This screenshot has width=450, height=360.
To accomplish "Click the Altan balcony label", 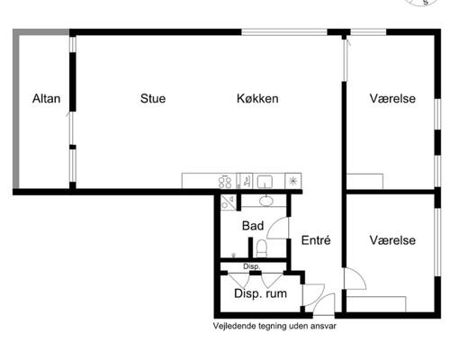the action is click(46, 98).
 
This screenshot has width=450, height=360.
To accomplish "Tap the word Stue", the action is click(153, 98).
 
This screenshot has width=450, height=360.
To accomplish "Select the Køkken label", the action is click(257, 98).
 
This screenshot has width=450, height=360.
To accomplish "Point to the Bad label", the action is click(253, 226).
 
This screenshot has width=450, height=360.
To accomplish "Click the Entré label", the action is click(316, 240).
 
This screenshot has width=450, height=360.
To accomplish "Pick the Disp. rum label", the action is click(260, 293).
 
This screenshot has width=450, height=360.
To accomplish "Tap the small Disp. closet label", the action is click(252, 266).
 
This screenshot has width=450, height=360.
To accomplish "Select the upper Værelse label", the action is click(392, 98).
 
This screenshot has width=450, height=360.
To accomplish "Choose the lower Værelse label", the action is click(392, 240).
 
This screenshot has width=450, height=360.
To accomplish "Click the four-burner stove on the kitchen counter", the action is click(225, 182).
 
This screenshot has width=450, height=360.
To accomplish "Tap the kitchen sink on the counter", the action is click(265, 182).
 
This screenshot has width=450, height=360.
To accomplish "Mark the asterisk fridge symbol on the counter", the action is click(292, 181).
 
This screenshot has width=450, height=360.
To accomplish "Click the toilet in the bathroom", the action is click(262, 248).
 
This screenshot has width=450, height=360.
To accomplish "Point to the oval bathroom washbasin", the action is click(265, 201).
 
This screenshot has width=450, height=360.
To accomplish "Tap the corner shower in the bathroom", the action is click(229, 202).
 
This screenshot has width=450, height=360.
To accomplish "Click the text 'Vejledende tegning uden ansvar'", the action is click(274, 326).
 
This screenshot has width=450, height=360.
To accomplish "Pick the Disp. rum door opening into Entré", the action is click(313, 294).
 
